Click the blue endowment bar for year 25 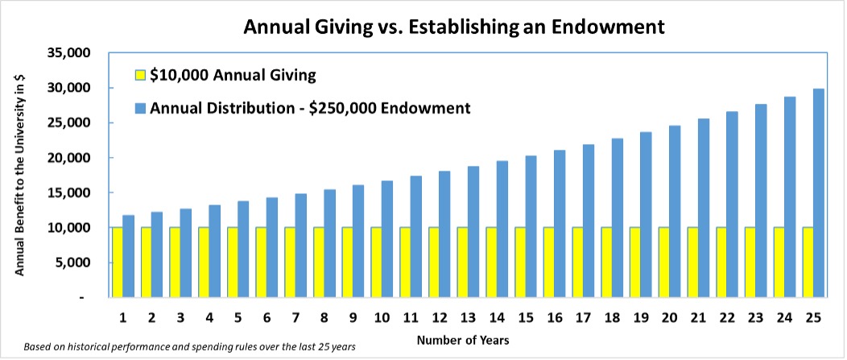(x=818, y=193)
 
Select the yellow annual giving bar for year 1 (x=118, y=263)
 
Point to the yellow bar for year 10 (x=376, y=263)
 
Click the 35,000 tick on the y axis (x=72, y=53)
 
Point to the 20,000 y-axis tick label (x=72, y=158)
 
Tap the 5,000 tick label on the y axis (x=76, y=263)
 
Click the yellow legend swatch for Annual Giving (x=138, y=76)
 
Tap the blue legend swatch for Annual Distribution (x=138, y=107)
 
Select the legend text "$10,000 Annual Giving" (x=233, y=76)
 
